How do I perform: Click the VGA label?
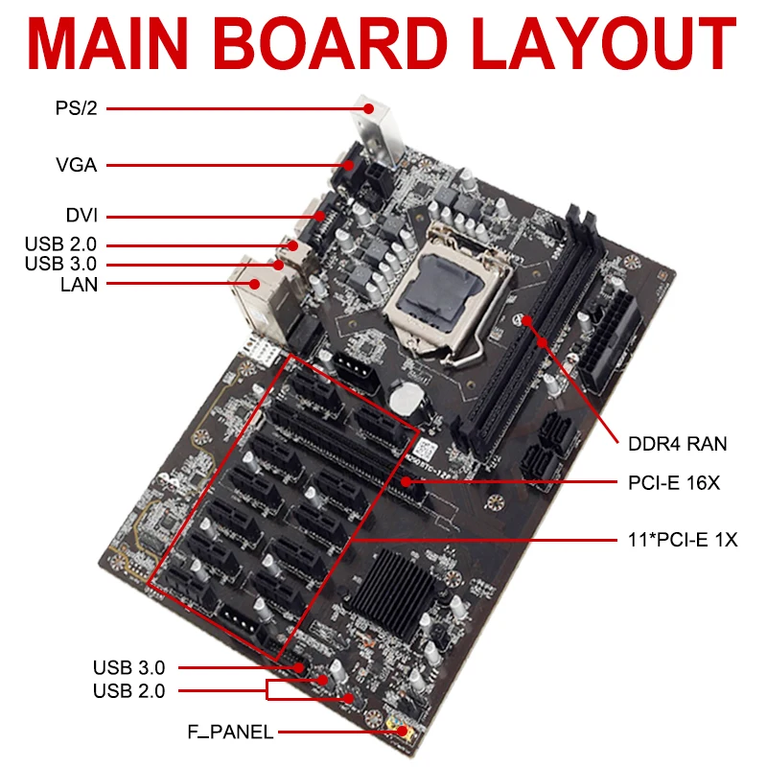76,165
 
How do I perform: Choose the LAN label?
76,284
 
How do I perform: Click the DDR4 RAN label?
678,444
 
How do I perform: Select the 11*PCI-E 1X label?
677,540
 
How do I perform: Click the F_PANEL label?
230,733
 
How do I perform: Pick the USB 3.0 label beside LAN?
62,264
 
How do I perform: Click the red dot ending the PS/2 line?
366,108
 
